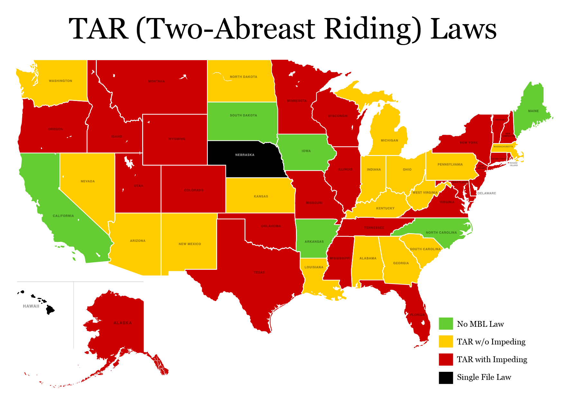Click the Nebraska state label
pyautogui.click(x=244, y=155)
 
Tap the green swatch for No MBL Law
pyautogui.click(x=446, y=324)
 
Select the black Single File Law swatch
pyautogui.click(x=446, y=378)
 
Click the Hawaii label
pyautogui.click(x=31, y=306)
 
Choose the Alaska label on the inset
pyautogui.click(x=123, y=323)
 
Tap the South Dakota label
pyautogui.click(x=243, y=115)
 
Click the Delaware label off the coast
pyautogui.click(x=486, y=193)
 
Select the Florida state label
pyautogui.click(x=417, y=315)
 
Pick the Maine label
pyautogui.click(x=533, y=111)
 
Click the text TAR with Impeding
pyautogui.click(x=492, y=359)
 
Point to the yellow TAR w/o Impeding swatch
pyautogui.click(x=446, y=341)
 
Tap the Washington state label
pyautogui.click(x=60, y=81)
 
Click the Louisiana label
pyautogui.click(x=314, y=267)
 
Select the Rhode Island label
pyautogui.click(x=514, y=164)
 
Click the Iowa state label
pyautogui.click(x=306, y=151)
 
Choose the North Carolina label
pyautogui.click(x=441, y=233)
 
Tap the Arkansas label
pyautogui.click(x=314, y=242)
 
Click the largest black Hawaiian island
pyautogui.click(x=50, y=310)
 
